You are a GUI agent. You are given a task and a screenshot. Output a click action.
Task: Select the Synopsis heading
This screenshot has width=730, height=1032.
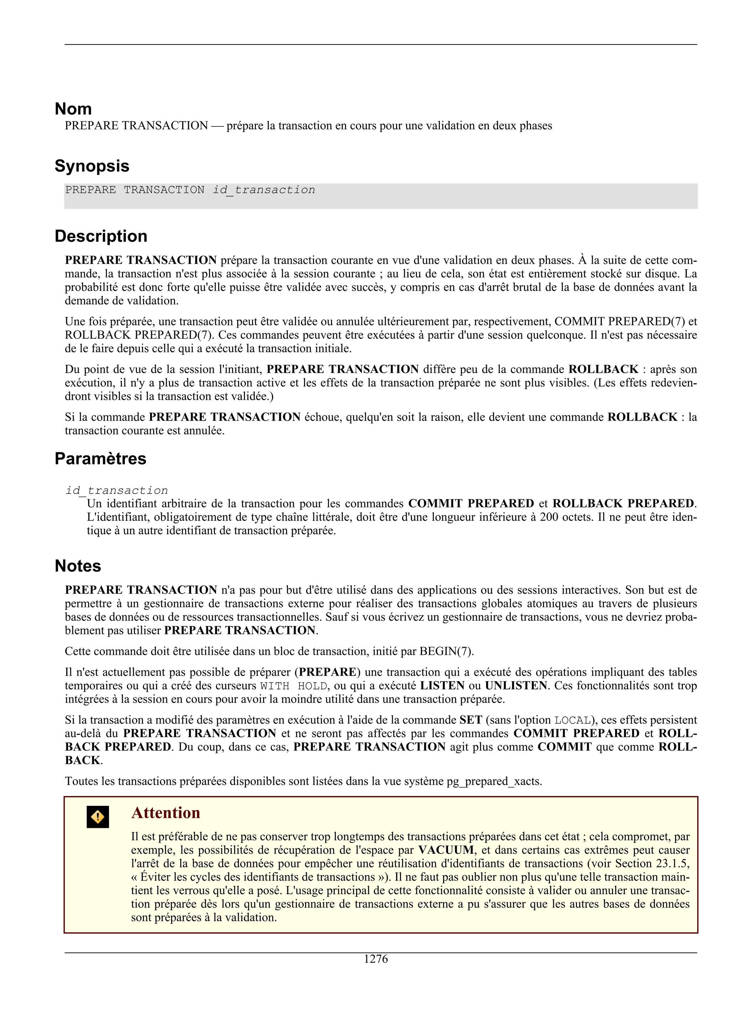pos(92,166)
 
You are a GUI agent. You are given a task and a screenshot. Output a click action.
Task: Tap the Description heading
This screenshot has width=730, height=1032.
pos(101,236)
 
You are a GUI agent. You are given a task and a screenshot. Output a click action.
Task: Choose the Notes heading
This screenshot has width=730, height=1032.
pos(78,566)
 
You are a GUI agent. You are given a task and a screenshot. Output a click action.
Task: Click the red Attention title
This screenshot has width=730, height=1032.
pos(165,813)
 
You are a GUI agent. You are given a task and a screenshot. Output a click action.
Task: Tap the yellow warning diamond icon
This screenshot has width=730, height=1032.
pos(98,817)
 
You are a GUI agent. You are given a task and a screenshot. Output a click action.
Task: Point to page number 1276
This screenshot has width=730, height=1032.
pos(376,959)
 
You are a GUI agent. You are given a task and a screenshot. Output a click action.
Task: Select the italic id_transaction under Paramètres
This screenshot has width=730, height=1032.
pos(117,491)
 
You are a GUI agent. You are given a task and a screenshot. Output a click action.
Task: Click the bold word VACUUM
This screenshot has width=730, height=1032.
pos(446,850)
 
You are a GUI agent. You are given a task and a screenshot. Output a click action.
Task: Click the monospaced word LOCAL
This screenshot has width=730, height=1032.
pos(572,720)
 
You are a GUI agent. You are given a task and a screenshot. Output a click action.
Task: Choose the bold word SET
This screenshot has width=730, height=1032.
pos(471,720)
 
